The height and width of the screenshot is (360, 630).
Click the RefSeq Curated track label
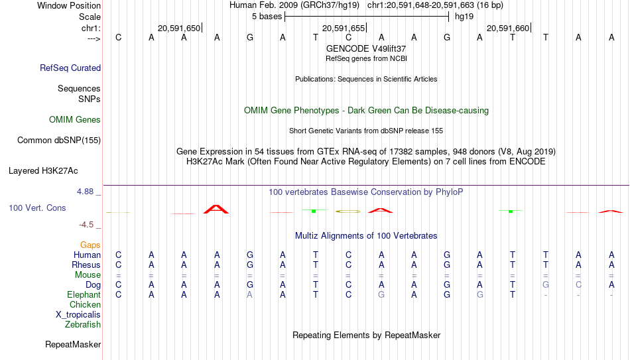coord(70,68)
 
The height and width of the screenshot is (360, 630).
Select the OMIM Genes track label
coord(75,120)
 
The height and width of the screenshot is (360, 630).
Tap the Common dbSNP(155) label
coord(59,141)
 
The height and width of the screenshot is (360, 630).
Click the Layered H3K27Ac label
coord(43,171)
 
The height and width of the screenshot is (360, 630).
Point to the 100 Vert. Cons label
coord(37,208)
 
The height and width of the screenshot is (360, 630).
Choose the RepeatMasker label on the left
coord(73,344)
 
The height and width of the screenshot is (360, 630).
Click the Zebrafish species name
coord(83,325)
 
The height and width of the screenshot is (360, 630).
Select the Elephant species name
coord(84,295)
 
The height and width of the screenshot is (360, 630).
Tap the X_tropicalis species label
coord(78,315)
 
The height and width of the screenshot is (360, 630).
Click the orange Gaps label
coord(90,245)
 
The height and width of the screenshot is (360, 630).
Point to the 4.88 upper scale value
coord(85,192)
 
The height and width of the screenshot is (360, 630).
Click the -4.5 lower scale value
coord(86,225)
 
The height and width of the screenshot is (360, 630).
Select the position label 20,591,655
coord(344,28)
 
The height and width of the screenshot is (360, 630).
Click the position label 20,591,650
coord(179,28)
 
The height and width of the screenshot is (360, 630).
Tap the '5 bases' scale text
coord(267,17)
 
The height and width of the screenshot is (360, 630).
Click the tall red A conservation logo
coord(216,209)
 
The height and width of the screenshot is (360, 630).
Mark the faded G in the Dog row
coord(546,285)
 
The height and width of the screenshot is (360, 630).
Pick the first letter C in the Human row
coord(118,255)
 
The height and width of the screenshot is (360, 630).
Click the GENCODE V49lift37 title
coord(366,48)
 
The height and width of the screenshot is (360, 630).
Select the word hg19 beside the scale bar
coord(464,17)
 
